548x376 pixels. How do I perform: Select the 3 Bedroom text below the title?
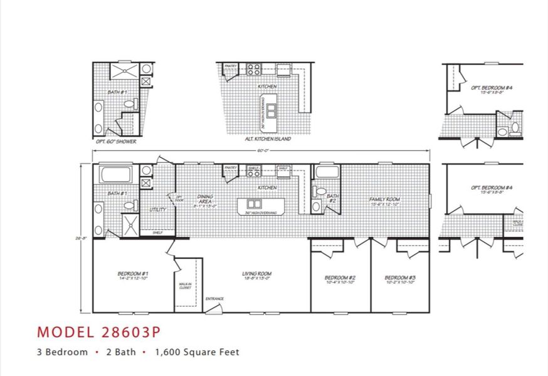point(62,352)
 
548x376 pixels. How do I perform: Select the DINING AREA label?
point(204,199)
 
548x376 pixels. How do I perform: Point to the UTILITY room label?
point(157,210)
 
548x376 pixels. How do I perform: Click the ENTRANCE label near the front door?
point(214,299)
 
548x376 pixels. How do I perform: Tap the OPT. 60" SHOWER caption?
point(115,142)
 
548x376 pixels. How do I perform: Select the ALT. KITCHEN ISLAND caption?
point(267,139)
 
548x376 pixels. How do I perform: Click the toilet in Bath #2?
point(320,191)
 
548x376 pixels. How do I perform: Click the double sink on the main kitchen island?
point(255,204)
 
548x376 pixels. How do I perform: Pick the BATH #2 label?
point(332,199)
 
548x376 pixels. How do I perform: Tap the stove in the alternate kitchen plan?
point(253,70)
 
